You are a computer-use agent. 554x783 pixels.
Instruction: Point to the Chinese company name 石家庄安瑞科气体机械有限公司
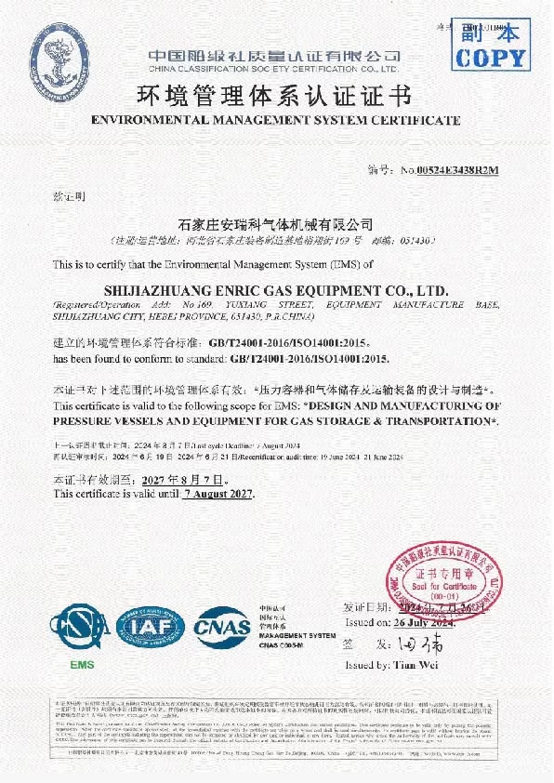tap(275, 224)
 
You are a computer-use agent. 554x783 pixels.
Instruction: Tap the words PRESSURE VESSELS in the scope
tap(103, 421)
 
